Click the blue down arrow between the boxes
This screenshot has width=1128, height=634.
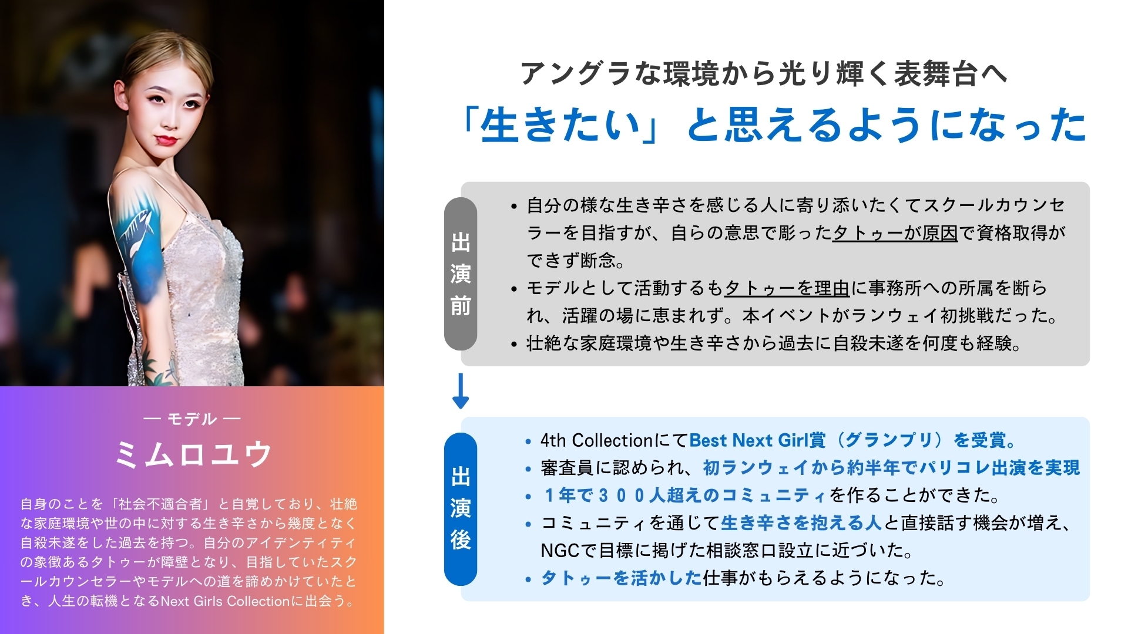[x=461, y=391]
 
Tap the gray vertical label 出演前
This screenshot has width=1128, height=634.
[x=461, y=274]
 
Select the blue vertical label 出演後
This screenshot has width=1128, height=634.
[x=461, y=509]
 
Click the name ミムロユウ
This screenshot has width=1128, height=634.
[x=192, y=454]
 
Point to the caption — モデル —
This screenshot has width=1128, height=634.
[x=192, y=419]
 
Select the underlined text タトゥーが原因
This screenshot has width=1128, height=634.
[x=895, y=232]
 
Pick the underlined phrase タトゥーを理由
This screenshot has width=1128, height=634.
[x=787, y=288]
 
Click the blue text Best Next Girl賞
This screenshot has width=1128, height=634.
[x=757, y=440]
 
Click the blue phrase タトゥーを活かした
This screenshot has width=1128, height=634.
[x=622, y=578]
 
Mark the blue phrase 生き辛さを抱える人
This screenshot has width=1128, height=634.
[x=801, y=522]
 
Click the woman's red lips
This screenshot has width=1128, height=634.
[x=166, y=140]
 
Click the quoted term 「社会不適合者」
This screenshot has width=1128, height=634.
[x=160, y=504]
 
